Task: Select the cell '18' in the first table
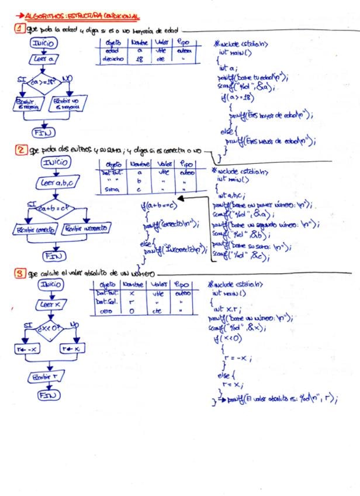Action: [139, 60]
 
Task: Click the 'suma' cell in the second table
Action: [109, 190]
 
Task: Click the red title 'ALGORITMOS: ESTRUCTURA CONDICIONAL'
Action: [82, 15]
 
